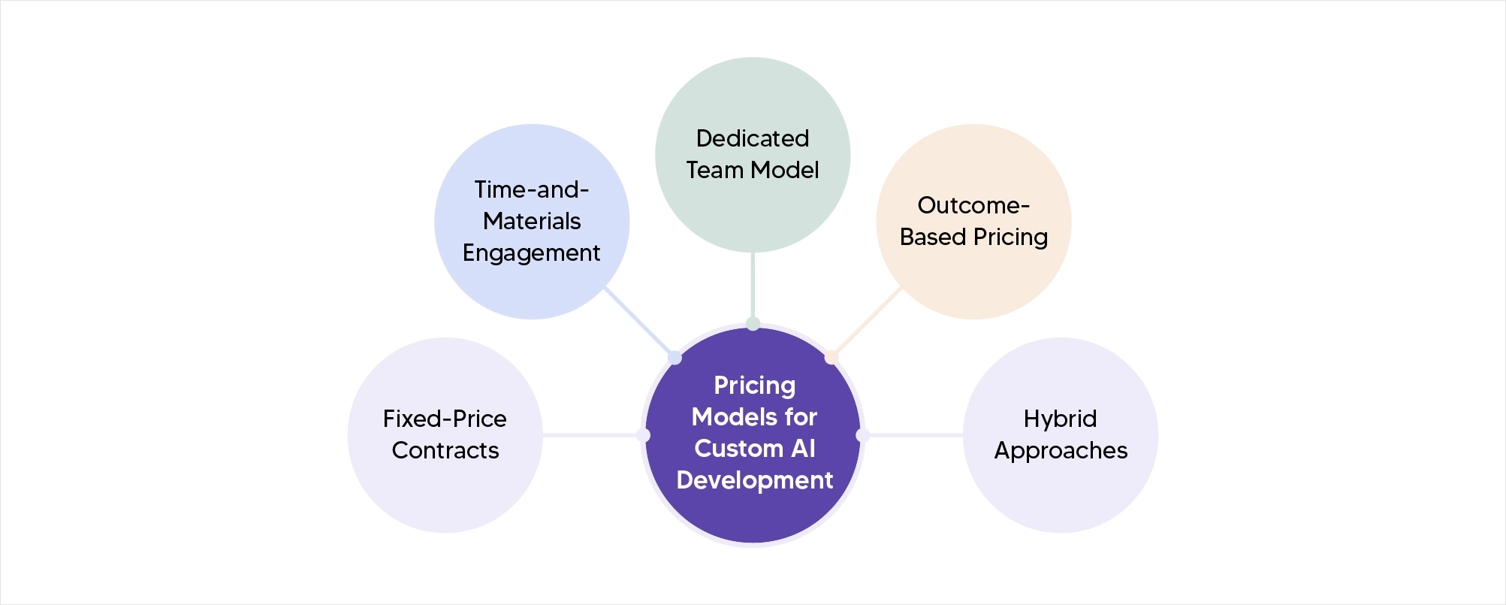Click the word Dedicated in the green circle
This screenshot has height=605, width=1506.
coord(752,138)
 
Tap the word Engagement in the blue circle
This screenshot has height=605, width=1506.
coord(531,253)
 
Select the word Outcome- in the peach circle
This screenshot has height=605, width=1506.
coord(973,205)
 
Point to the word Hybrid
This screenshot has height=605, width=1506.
coord(1060,419)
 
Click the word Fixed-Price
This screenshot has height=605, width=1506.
coord(445,419)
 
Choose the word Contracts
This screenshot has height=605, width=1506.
coord(445,450)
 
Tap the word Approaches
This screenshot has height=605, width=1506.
coord(1061,450)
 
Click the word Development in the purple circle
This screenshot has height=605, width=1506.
coord(754,480)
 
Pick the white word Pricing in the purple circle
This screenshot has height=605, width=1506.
coord(754,386)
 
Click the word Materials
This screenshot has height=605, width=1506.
coord(531,222)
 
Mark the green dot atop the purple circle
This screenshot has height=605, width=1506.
coord(753,324)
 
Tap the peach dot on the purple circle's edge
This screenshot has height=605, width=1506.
coord(831,357)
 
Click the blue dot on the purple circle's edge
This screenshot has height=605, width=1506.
coord(675,358)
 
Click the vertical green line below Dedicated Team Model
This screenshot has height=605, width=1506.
coord(753,286)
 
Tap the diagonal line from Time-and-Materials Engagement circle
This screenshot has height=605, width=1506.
coord(638,321)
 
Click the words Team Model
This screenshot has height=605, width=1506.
coord(752,170)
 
